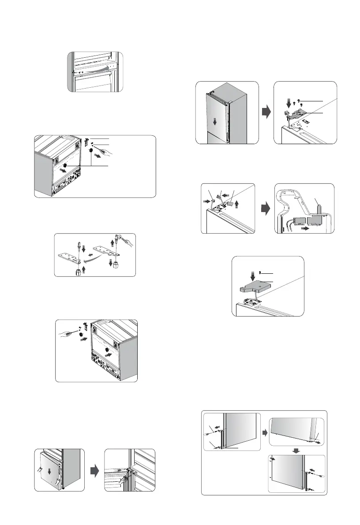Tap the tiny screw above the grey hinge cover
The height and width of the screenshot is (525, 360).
click(x=261, y=272)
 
